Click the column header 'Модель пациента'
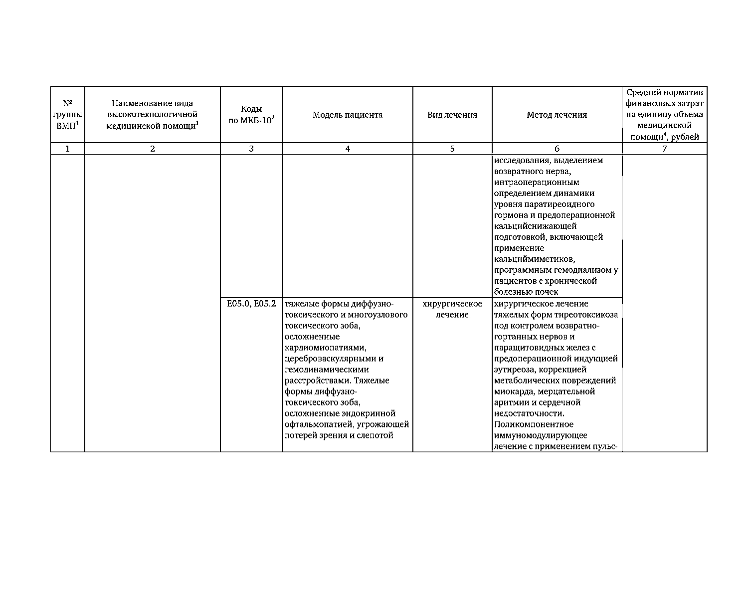pos(348,115)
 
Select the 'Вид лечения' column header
pos(452,115)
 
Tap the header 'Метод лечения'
pos(557,115)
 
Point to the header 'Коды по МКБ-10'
pos(251,115)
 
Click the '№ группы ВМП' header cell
pos(68,115)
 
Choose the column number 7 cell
pos(664,149)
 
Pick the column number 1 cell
pos(68,149)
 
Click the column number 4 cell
pos(348,149)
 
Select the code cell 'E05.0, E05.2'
pos(251,304)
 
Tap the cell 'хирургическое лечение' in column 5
pos(452,309)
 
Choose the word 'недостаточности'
pos(529,413)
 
